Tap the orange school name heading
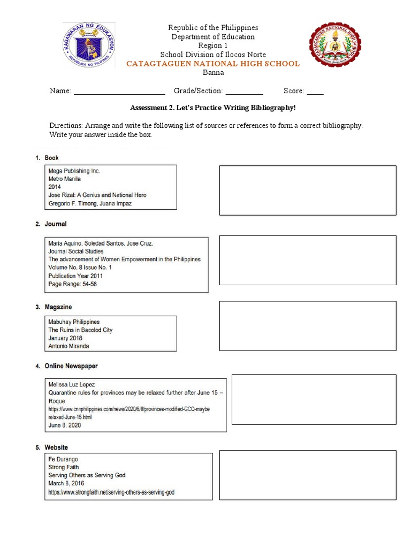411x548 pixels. (x=212, y=64)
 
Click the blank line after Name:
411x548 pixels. (x=119, y=92)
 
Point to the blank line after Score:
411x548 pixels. (x=315, y=92)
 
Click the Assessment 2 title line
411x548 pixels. (x=212, y=108)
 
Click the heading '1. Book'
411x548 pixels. (x=47, y=158)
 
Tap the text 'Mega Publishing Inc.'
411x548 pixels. (x=74, y=171)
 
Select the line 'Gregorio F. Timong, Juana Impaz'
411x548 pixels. (x=90, y=203)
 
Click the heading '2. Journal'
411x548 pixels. (x=51, y=224)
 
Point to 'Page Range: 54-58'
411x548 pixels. (x=72, y=284)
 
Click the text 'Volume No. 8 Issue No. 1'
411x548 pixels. (x=80, y=268)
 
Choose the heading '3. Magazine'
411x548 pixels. (x=54, y=307)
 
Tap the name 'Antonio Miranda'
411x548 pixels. (x=68, y=346)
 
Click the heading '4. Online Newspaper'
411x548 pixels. (x=67, y=366)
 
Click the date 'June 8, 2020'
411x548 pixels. (x=65, y=425)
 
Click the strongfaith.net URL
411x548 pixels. (x=111, y=491)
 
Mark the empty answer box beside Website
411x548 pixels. (x=308, y=475)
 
